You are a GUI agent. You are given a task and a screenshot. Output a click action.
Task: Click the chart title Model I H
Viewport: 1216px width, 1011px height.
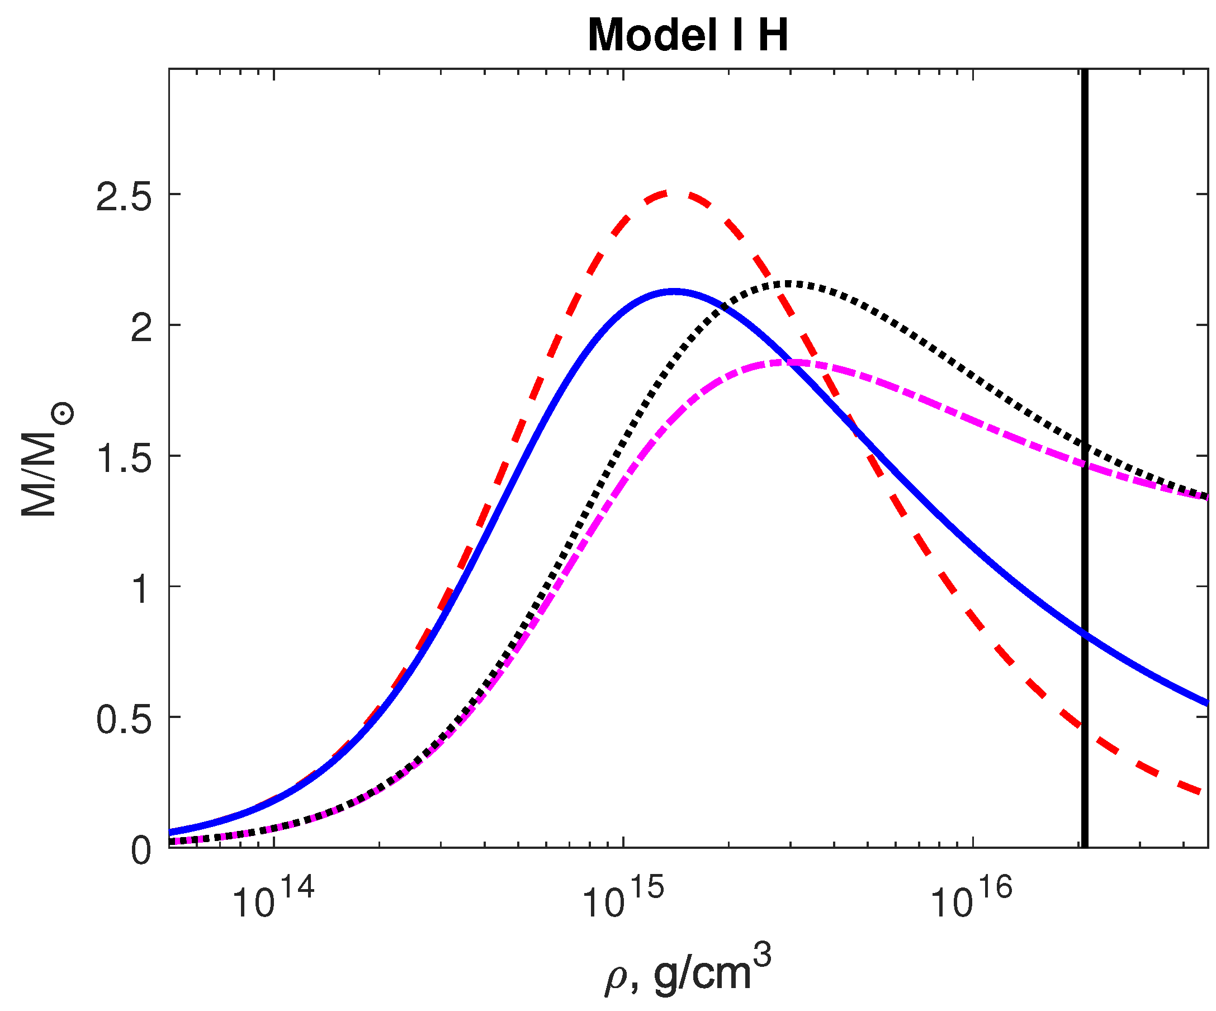[687, 36]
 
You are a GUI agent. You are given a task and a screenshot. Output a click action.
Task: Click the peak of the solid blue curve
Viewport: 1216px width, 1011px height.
[674, 291]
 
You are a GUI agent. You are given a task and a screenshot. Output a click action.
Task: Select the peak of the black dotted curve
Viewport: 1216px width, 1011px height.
[791, 283]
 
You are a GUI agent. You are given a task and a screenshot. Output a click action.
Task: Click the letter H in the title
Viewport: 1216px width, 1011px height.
[773, 36]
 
